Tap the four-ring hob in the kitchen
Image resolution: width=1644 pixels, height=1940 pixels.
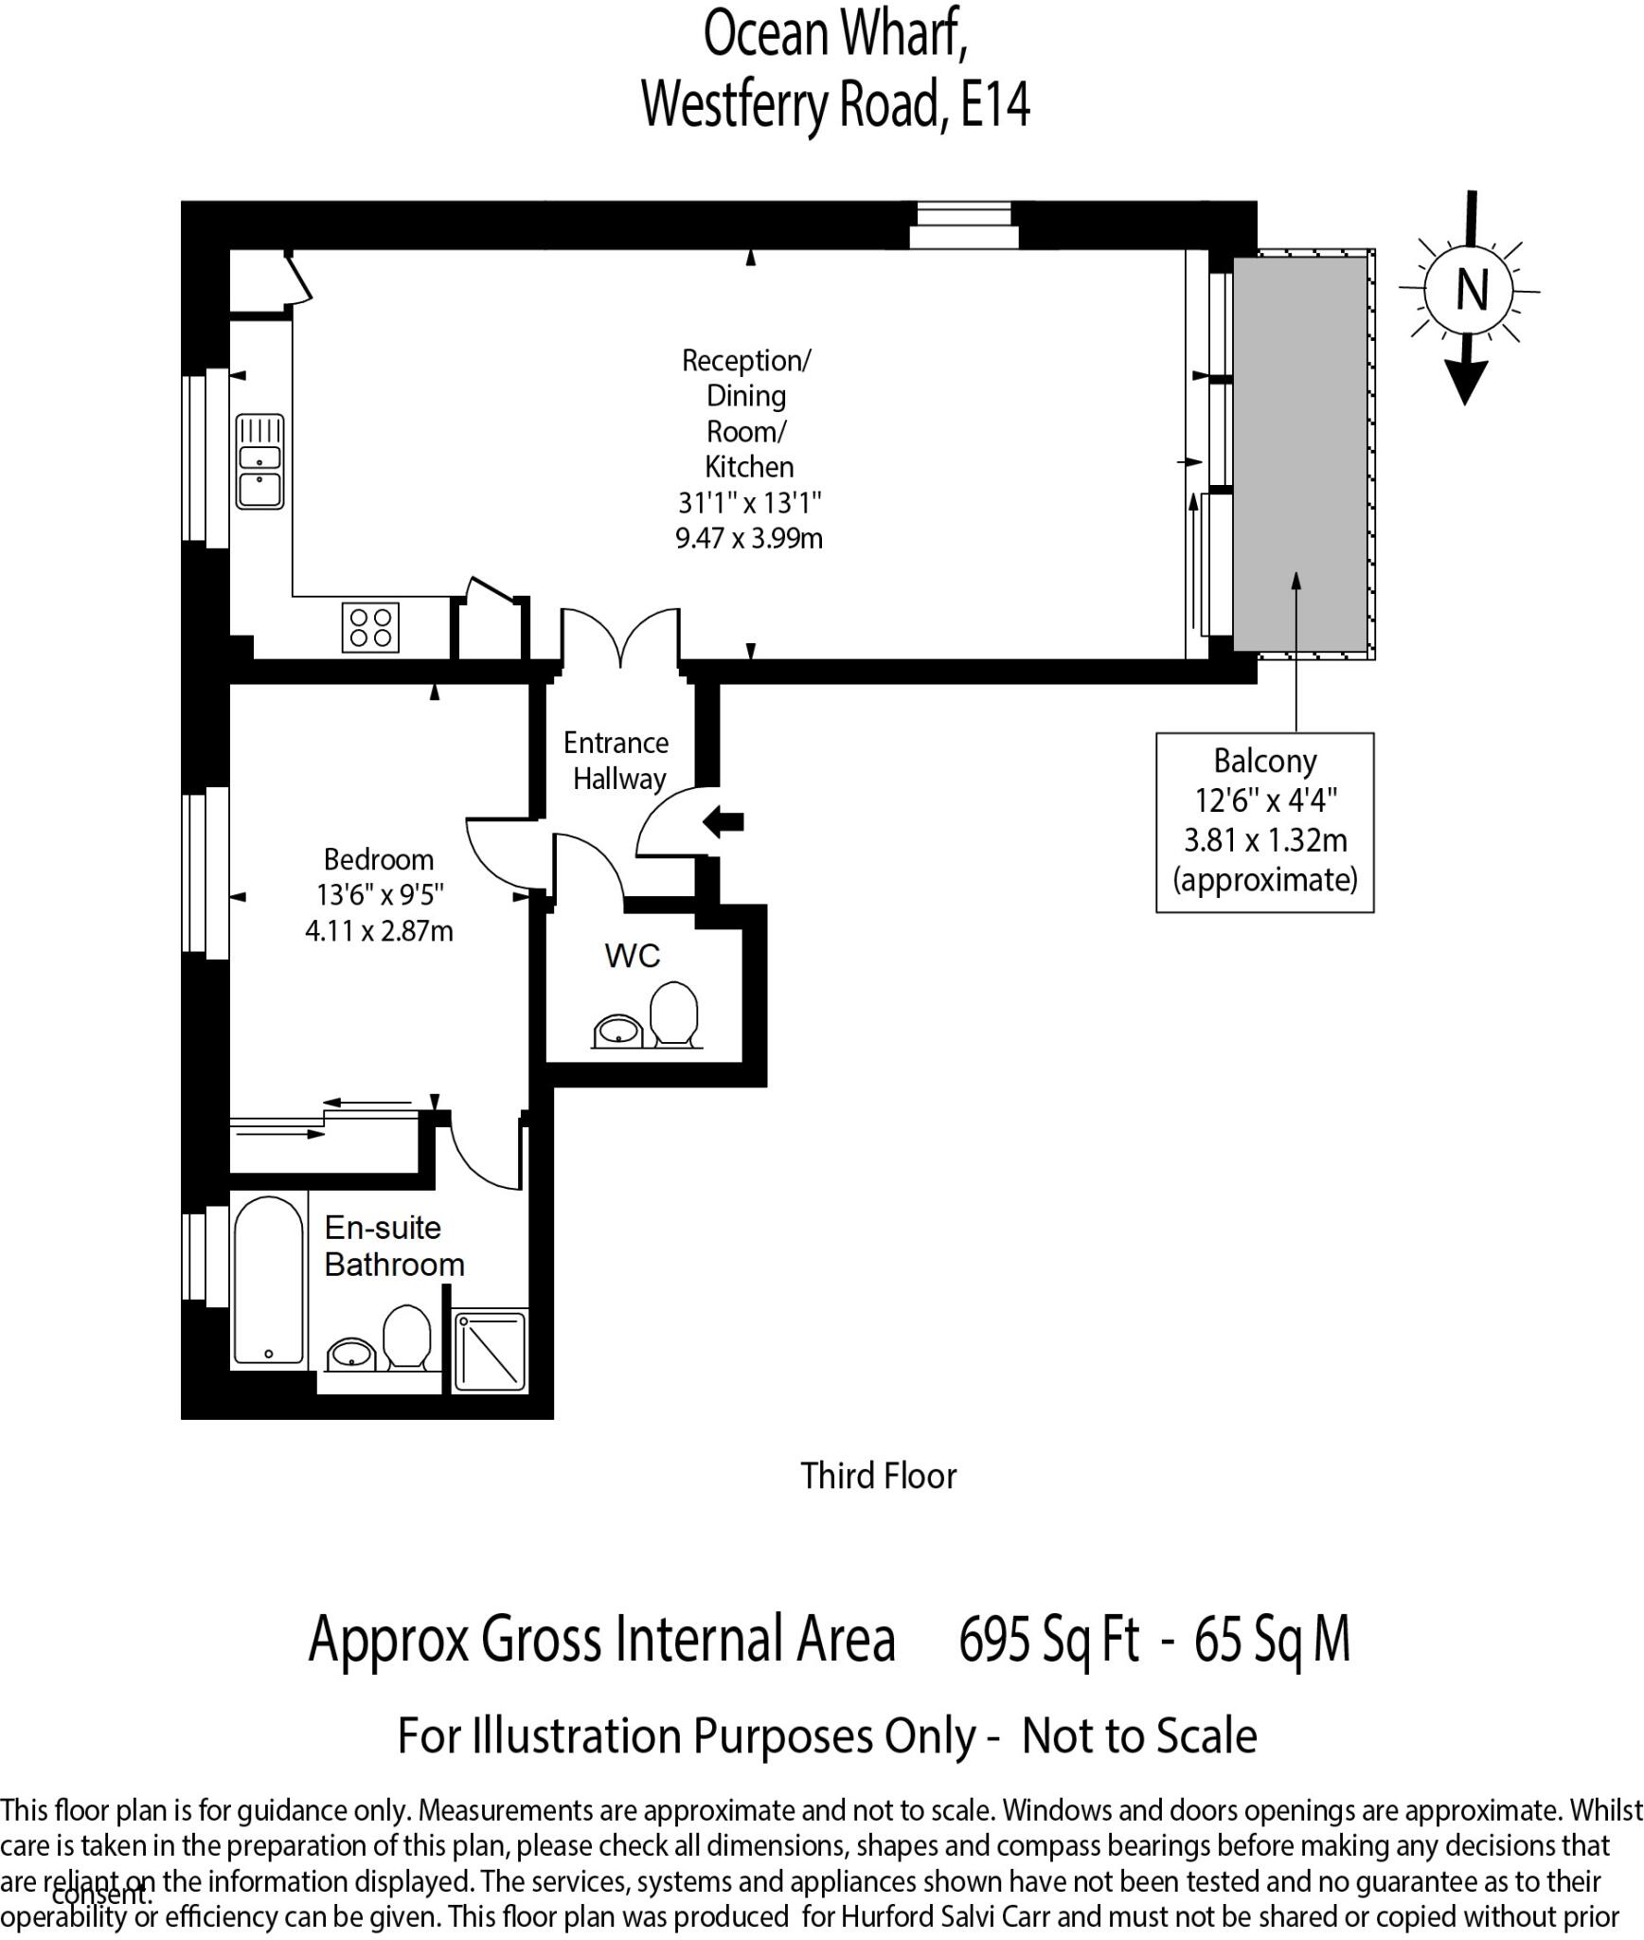[370, 627]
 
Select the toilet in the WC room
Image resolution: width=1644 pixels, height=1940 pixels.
[674, 1015]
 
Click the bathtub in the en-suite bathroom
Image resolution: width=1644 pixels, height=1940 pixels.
[269, 1281]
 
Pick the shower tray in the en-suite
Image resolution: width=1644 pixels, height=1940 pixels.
[490, 1352]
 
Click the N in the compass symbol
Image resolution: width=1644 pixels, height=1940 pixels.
[1471, 290]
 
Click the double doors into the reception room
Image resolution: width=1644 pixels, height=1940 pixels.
[620, 637]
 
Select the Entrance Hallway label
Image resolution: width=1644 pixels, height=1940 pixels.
[617, 761]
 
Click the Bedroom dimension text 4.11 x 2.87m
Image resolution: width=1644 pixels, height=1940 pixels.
[379, 931]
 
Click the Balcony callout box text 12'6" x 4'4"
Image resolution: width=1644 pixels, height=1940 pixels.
[1265, 800]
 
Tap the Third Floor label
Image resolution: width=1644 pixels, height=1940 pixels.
[878, 1476]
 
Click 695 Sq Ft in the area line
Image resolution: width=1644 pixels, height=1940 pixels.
[1048, 1640]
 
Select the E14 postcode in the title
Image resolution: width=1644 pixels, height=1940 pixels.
[995, 104]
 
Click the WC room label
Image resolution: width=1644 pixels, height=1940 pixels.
[632, 956]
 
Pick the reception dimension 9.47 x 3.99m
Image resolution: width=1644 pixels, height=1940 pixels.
[748, 539]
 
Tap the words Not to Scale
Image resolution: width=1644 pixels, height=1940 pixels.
[1138, 1736]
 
